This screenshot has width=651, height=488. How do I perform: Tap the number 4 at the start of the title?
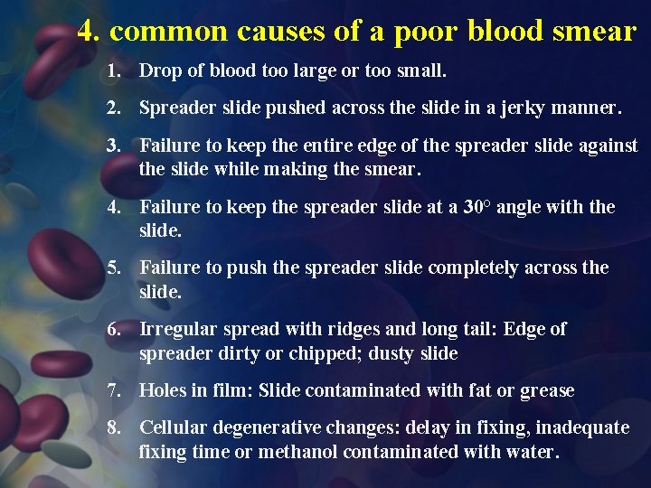[x=87, y=31]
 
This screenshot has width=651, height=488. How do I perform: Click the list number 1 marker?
[x=113, y=70]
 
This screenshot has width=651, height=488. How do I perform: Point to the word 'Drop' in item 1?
[x=159, y=70]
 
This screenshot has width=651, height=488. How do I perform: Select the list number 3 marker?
[x=113, y=145]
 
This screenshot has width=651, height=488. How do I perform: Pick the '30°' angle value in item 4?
[x=477, y=207]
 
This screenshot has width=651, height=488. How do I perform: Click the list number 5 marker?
[x=113, y=268]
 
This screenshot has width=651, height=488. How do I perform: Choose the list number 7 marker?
[x=113, y=390]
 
